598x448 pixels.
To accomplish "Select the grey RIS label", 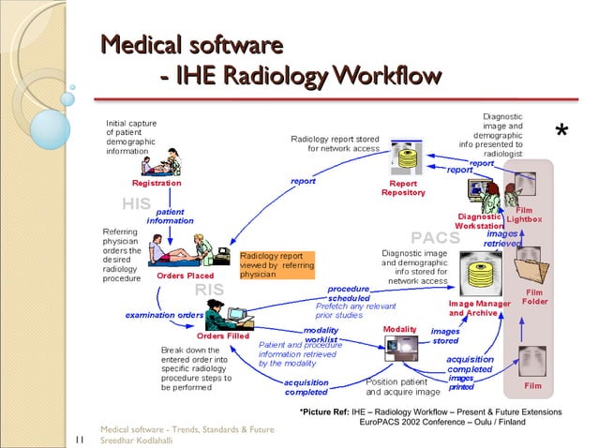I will [209, 290].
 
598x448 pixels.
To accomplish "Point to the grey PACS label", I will [436, 237].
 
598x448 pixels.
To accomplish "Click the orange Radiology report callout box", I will [277, 264].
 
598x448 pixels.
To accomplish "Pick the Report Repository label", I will [404, 188].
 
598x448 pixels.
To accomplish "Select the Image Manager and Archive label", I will [479, 308].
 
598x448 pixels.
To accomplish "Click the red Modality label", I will [398, 329].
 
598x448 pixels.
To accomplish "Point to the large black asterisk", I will [561, 133].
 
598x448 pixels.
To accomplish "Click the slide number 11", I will [79, 435].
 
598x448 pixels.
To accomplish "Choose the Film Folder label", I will [534, 297].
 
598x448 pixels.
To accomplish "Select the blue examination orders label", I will [164, 315].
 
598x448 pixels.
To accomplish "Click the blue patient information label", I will [170, 217].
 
